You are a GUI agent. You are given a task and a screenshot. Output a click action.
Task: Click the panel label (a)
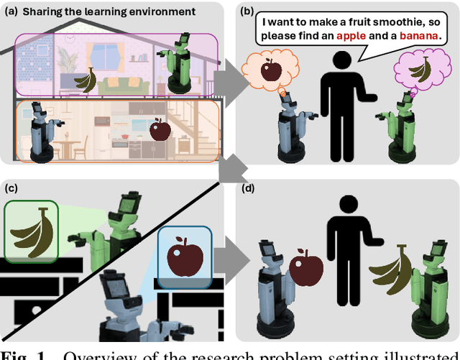point(12,11)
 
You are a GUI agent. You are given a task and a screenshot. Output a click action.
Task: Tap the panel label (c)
point(11,189)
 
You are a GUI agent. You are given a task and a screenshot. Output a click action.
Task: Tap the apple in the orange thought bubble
point(272,70)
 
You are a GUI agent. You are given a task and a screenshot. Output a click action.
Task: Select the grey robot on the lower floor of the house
point(41,131)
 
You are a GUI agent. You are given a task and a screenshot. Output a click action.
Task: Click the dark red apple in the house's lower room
point(159,130)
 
